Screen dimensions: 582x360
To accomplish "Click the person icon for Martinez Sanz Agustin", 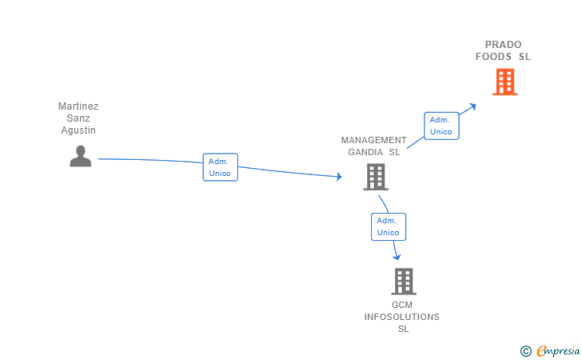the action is coord(80,156).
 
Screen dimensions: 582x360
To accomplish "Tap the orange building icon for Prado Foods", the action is coord(504,82).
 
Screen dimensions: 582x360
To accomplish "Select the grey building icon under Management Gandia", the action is coord(376,177).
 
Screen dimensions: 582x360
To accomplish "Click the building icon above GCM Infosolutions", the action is coord(404,282).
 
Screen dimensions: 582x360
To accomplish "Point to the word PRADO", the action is coord(504,45).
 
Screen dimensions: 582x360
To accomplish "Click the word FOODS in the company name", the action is coord(493,57).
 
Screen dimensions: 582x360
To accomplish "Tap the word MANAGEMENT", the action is coord(374,140).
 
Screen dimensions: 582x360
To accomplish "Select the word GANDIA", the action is coord(365,152).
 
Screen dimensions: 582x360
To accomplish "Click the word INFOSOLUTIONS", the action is coord(401,317).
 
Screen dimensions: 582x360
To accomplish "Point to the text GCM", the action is coord(402,305).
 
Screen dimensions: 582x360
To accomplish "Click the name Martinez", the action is coord(78,106).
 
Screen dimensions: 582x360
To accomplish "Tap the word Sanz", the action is coord(78,118).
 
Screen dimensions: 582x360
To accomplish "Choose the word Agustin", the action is coord(78,130).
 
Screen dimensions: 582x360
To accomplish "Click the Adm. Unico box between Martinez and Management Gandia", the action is coord(220,167).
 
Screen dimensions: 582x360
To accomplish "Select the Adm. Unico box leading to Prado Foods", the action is coord(441,126).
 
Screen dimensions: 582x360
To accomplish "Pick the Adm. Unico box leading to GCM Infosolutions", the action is coord(389,226).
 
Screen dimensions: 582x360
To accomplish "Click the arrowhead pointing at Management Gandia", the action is coord(339,177).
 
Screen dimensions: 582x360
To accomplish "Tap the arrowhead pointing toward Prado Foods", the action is coord(472,107).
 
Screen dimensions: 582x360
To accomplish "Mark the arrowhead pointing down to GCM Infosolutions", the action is coord(397,257).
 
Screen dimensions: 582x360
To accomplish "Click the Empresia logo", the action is coord(549,350).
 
